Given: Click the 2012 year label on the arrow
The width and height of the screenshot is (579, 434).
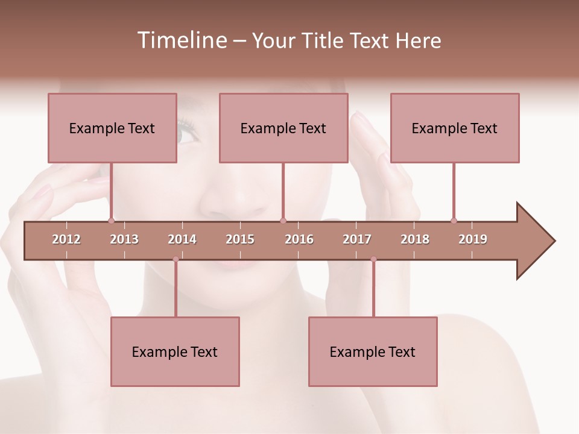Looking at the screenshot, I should (x=66, y=239).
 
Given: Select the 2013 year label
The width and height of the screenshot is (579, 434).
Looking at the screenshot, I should (x=124, y=239).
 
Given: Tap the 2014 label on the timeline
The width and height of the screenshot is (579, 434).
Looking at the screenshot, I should (x=182, y=239).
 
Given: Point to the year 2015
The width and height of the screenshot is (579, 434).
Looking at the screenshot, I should (x=240, y=239).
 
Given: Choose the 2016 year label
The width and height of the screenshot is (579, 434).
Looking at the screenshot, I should (x=299, y=239).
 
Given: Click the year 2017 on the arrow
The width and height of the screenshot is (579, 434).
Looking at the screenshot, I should (x=357, y=239).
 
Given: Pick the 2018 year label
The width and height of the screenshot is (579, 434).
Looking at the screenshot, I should (x=415, y=239).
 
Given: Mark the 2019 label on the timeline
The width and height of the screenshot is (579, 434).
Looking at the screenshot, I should (x=473, y=239).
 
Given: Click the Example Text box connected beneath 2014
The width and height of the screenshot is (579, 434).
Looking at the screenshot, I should (x=175, y=351).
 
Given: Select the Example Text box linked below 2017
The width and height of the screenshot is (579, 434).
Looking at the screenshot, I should (x=373, y=351).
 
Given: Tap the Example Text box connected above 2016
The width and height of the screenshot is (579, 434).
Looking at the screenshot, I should (x=283, y=128).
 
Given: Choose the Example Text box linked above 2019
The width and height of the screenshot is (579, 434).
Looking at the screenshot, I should (x=455, y=128).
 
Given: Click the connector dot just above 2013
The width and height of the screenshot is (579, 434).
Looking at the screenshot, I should (x=111, y=221).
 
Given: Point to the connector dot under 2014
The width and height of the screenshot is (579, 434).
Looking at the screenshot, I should (x=176, y=259).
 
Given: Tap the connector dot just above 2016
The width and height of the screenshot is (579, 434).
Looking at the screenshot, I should (x=283, y=221).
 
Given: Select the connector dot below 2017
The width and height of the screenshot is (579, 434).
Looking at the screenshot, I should (x=373, y=259).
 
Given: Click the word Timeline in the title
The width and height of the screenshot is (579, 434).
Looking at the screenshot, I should (x=181, y=40).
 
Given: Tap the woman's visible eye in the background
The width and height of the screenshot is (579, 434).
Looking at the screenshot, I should (x=188, y=134).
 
